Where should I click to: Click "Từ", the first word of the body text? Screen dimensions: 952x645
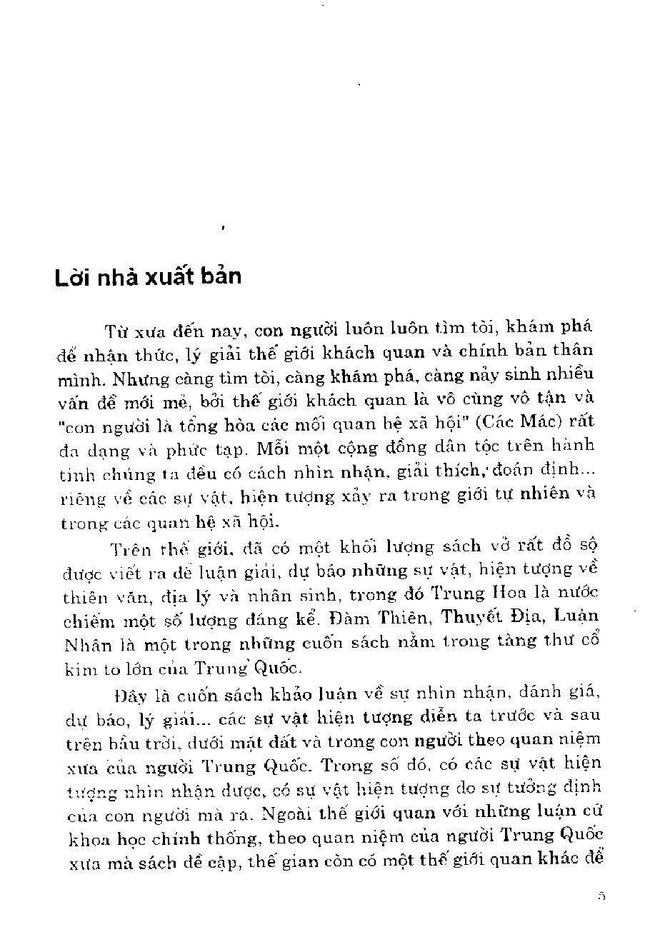(x=115, y=331)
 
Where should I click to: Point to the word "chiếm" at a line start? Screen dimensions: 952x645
(x=84, y=618)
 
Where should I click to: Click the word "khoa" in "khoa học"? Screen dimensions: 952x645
(x=86, y=838)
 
